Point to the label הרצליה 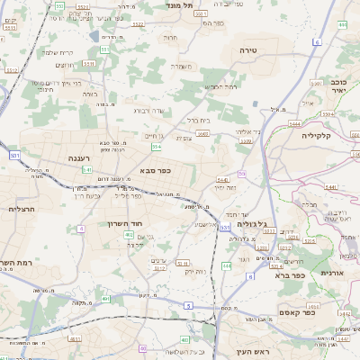[x=21, y=209]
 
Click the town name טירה [x=248, y=50]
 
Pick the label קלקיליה [x=317, y=135]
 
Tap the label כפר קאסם [x=296, y=312]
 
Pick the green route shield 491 [x=105, y=298]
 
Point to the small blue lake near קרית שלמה [x=94, y=36]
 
